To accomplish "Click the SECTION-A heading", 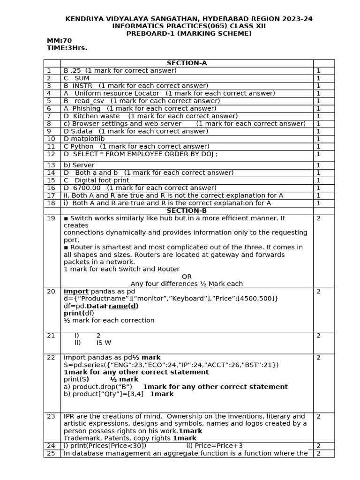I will pos(187,63).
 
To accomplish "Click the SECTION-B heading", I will pos(187,211).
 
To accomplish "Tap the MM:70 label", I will pos(59,41).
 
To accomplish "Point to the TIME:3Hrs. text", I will pos(67,48).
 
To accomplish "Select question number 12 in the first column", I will pos(51,154).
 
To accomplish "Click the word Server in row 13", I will pos(84,165).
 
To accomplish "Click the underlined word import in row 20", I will pos(76,292).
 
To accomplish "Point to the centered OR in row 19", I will pos(187,277).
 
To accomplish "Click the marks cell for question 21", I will pos(318,336).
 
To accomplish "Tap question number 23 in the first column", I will pos(51,416).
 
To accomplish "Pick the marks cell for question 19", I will pos(318,218).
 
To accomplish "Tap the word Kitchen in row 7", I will pos(86,116).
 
